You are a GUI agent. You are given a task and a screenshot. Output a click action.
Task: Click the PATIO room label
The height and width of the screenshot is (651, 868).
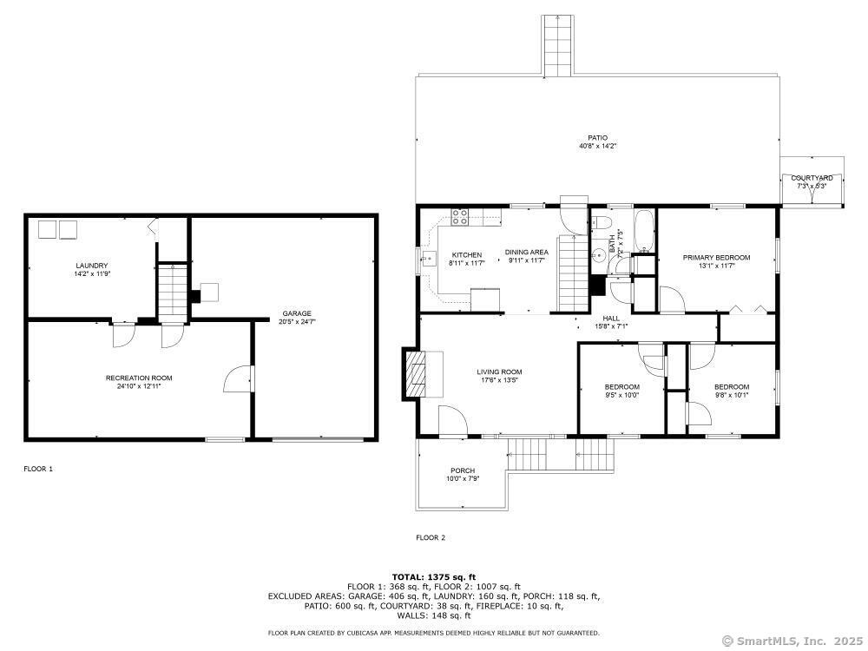[x=597, y=137]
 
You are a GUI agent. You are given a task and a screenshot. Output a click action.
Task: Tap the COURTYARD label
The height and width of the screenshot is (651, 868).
[x=811, y=178]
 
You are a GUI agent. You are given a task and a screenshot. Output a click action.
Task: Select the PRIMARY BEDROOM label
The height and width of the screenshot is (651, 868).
[x=716, y=258]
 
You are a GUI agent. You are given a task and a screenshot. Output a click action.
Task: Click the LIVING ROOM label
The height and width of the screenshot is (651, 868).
[x=499, y=372]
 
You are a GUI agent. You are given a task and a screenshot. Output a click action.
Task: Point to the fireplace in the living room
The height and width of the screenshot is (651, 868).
[x=416, y=372]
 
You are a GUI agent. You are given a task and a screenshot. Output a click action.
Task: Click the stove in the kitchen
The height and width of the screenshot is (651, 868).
[x=460, y=218]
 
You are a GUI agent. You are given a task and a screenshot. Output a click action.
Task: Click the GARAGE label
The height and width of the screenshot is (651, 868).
[x=296, y=313]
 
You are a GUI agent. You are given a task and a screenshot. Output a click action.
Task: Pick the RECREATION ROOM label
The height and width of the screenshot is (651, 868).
[x=139, y=378]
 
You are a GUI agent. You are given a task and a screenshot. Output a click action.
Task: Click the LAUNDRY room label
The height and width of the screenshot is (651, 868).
[x=91, y=266]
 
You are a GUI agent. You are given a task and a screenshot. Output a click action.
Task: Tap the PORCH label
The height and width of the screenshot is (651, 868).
[x=462, y=470]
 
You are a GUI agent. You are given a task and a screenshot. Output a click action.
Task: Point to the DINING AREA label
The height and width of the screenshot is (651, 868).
[x=527, y=253]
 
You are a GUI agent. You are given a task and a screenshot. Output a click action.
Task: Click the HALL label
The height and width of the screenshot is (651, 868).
[x=611, y=319]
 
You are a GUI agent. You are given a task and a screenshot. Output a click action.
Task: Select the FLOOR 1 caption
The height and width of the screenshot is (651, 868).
[x=38, y=469]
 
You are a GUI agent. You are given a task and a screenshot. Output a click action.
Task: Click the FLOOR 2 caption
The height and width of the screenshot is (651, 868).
[x=430, y=538]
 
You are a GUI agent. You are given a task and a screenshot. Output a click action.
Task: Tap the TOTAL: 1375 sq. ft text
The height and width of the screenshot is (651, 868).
[x=434, y=576]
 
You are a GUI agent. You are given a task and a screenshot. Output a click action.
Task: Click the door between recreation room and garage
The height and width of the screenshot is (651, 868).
[x=238, y=378]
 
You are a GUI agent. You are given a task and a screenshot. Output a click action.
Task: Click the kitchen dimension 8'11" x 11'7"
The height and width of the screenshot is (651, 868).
[x=465, y=262]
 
